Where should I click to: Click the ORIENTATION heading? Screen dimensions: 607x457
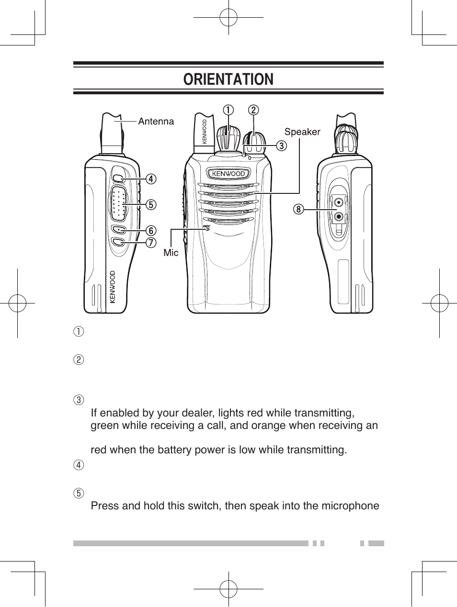[228, 79]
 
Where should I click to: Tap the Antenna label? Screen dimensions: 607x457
[156, 122]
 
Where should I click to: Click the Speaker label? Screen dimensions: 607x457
[302, 132]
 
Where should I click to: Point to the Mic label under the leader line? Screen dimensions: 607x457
[171, 252]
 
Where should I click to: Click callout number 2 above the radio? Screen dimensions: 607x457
[253, 110]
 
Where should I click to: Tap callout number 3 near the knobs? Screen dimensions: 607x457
[281, 146]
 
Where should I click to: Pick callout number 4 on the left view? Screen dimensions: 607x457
[151, 179]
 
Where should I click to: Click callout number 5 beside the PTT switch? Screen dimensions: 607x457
[151, 205]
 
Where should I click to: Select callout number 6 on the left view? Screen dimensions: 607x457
[151, 231]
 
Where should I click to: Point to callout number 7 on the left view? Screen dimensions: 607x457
[151, 243]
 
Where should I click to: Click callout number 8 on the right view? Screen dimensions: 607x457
[298, 209]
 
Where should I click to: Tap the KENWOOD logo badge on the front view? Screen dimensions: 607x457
[228, 174]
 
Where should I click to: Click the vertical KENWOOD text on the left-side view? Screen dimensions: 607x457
[113, 287]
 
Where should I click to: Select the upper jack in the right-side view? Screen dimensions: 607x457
[339, 202]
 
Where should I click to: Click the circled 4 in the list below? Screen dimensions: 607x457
[79, 465]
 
